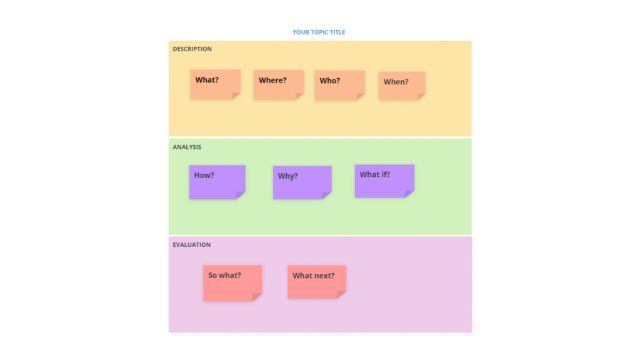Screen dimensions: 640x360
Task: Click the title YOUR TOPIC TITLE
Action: (319, 32)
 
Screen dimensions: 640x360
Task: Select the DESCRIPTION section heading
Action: (192, 49)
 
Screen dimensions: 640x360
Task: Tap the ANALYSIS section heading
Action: (187, 147)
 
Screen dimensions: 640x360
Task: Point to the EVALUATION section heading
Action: (192, 245)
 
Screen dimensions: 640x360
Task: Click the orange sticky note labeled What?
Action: (215, 84)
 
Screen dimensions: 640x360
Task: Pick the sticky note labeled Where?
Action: (279, 85)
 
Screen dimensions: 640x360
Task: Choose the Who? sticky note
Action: (339, 85)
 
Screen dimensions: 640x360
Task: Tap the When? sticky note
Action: (402, 86)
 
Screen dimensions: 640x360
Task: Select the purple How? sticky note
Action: (217, 182)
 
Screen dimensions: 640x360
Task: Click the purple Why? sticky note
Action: (302, 182)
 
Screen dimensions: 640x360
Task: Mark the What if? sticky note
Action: (384, 181)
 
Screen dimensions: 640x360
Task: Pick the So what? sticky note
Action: (232, 283)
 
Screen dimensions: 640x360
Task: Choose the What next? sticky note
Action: (317, 282)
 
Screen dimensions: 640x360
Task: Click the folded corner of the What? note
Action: (236, 96)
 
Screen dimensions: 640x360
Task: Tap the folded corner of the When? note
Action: (421, 96)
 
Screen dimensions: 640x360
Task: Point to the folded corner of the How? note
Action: (241, 195)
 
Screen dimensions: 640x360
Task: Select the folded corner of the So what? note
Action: (257, 297)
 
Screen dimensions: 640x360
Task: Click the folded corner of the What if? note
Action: (409, 194)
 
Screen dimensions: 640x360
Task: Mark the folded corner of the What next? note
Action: (341, 294)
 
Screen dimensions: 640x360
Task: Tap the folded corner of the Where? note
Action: (299, 96)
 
